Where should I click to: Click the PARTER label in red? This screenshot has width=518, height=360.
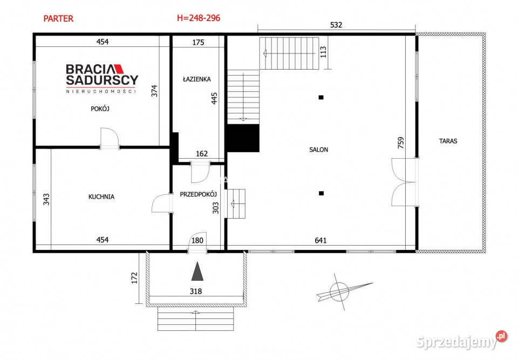tap(58, 18)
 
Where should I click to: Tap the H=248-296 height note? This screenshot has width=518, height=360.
tap(199, 18)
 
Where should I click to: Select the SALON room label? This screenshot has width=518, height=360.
tap(319, 150)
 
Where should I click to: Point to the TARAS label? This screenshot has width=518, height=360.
tap(448, 141)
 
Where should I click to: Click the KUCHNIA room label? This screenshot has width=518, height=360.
tap(101, 196)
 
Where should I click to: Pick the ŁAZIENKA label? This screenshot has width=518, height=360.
tap(197, 79)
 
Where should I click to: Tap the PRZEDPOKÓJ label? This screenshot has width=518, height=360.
tap(198, 194)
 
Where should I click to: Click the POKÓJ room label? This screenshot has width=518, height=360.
tap(100, 109)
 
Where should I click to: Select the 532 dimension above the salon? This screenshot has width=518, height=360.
tap(336, 25)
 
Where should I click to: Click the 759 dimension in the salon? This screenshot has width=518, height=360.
tap(401, 143)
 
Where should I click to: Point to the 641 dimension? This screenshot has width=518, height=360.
tap(321, 240)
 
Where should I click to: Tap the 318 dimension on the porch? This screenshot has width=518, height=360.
tap(195, 291)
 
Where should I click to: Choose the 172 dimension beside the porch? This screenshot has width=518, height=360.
tap(134, 278)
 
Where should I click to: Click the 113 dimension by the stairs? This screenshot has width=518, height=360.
tap(323, 52)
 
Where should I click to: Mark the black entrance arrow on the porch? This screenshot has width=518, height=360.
tap(197, 271)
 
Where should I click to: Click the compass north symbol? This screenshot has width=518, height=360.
tap(344, 292)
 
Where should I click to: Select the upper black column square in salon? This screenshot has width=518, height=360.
tap(321, 98)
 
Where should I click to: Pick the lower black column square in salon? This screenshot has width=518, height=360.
tap(321, 193)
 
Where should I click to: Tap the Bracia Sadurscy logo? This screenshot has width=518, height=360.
tap(102, 79)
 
